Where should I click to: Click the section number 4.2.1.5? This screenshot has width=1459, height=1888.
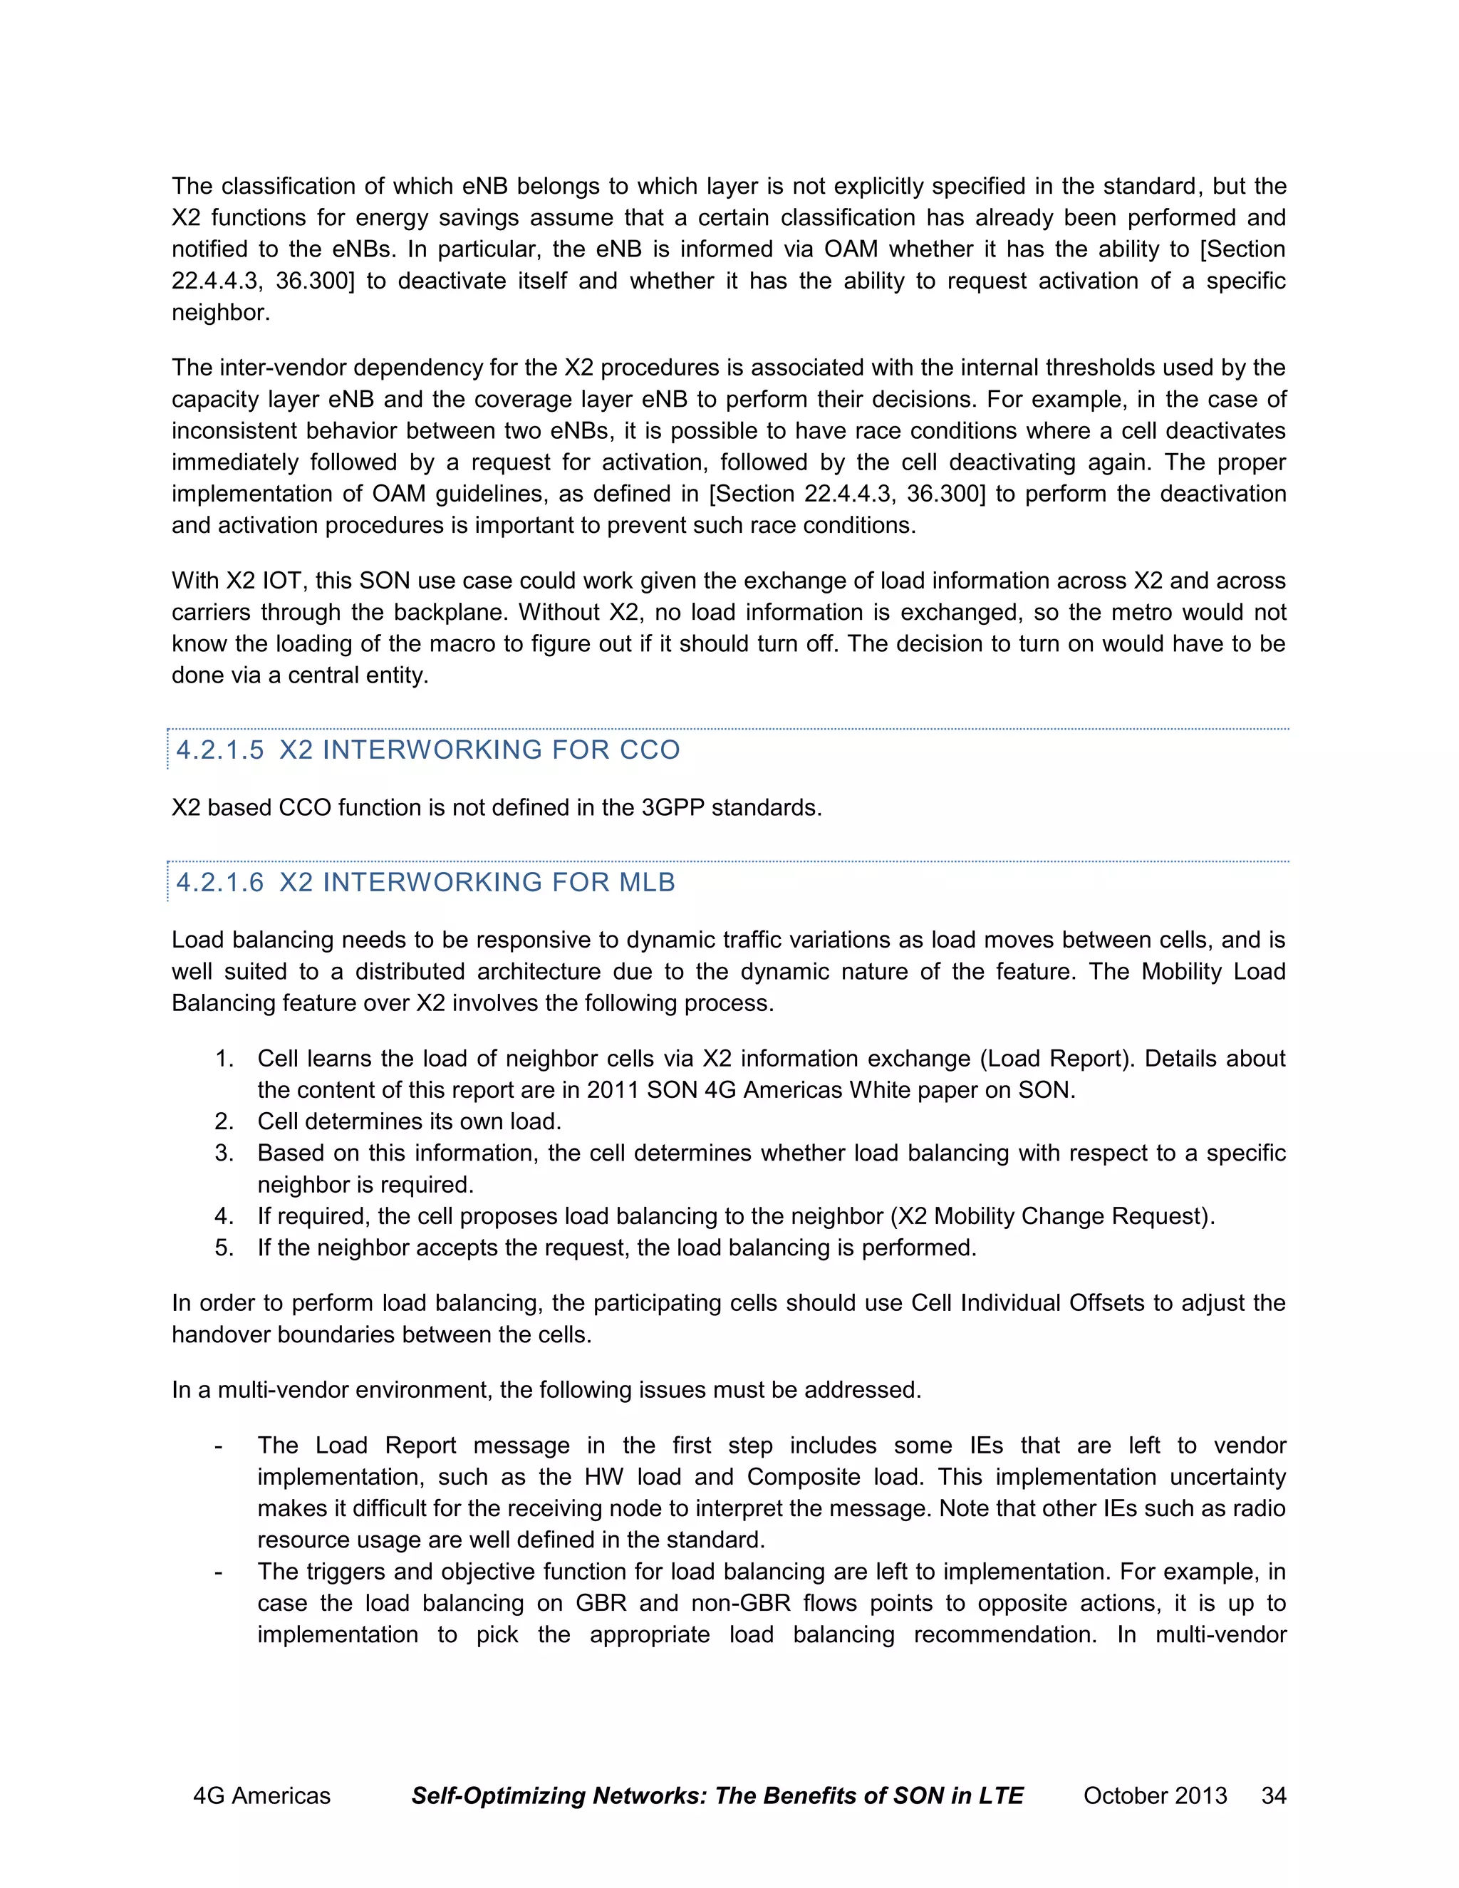point(219,750)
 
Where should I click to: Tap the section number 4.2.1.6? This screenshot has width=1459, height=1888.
point(219,882)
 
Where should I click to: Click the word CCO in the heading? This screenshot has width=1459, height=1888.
point(649,750)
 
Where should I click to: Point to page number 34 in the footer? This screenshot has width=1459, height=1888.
point(1273,1795)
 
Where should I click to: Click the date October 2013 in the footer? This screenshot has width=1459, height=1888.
point(1155,1795)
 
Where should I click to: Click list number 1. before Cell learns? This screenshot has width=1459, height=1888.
point(224,1058)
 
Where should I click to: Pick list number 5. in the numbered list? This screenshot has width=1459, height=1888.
point(224,1248)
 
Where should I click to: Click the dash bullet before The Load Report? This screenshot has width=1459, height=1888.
point(219,1446)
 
